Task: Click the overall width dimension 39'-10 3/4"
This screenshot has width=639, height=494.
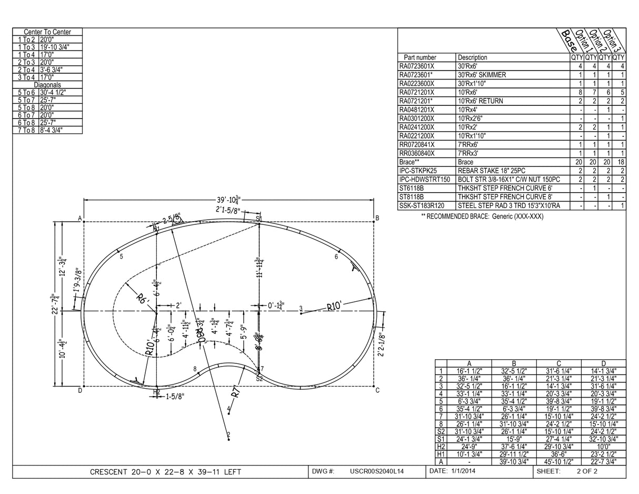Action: click(x=228, y=200)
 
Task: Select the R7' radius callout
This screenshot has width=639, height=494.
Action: click(x=236, y=392)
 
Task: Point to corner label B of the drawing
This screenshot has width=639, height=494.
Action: click(x=377, y=218)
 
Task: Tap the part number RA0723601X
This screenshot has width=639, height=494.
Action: click(x=417, y=66)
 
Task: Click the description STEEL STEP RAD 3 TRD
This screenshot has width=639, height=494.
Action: click(x=508, y=205)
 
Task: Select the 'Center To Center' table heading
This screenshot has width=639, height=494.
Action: click(x=47, y=32)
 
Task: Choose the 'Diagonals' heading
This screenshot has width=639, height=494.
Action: click(x=47, y=85)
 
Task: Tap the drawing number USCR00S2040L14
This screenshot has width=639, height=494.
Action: click(x=377, y=471)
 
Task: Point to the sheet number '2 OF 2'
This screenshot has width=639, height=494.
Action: click(x=587, y=471)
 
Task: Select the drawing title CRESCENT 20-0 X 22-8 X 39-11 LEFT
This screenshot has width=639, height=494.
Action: click(x=165, y=472)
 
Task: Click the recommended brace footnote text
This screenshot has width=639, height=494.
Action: click(x=482, y=216)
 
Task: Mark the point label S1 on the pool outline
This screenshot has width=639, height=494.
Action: click(x=259, y=218)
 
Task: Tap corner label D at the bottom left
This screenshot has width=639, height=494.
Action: click(x=80, y=390)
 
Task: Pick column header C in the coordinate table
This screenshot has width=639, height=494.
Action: click(x=558, y=363)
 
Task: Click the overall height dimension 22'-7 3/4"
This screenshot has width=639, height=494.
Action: click(x=53, y=304)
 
